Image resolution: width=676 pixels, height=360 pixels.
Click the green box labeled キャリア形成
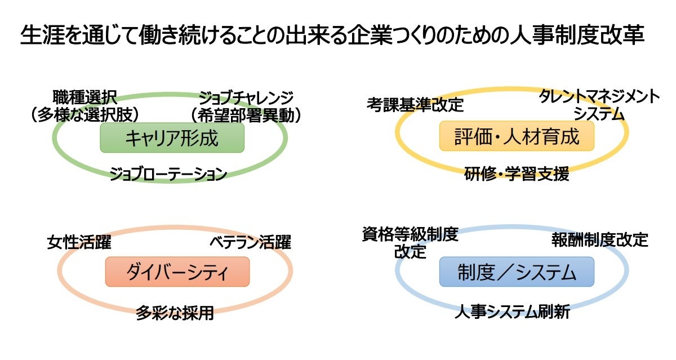172,137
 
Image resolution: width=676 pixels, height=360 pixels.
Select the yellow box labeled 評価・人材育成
517,136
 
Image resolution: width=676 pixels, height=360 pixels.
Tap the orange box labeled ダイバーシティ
177,272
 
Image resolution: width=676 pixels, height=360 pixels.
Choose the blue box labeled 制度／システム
517,272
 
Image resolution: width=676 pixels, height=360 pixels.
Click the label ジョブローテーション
168,174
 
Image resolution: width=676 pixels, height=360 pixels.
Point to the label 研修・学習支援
517,174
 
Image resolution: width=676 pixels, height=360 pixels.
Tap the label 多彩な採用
175,313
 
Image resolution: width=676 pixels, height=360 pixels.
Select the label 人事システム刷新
512,312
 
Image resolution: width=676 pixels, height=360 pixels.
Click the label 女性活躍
79,242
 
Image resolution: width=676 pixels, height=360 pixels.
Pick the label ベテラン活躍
251,243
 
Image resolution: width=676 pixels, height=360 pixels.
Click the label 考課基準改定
415,104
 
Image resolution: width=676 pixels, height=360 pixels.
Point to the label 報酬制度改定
599,240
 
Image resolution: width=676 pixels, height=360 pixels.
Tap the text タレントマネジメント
599,96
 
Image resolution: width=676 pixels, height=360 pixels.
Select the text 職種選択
85,97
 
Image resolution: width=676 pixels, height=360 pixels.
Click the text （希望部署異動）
245,115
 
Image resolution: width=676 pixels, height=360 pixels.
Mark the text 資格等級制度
410,234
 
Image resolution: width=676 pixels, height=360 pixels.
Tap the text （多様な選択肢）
85,115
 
